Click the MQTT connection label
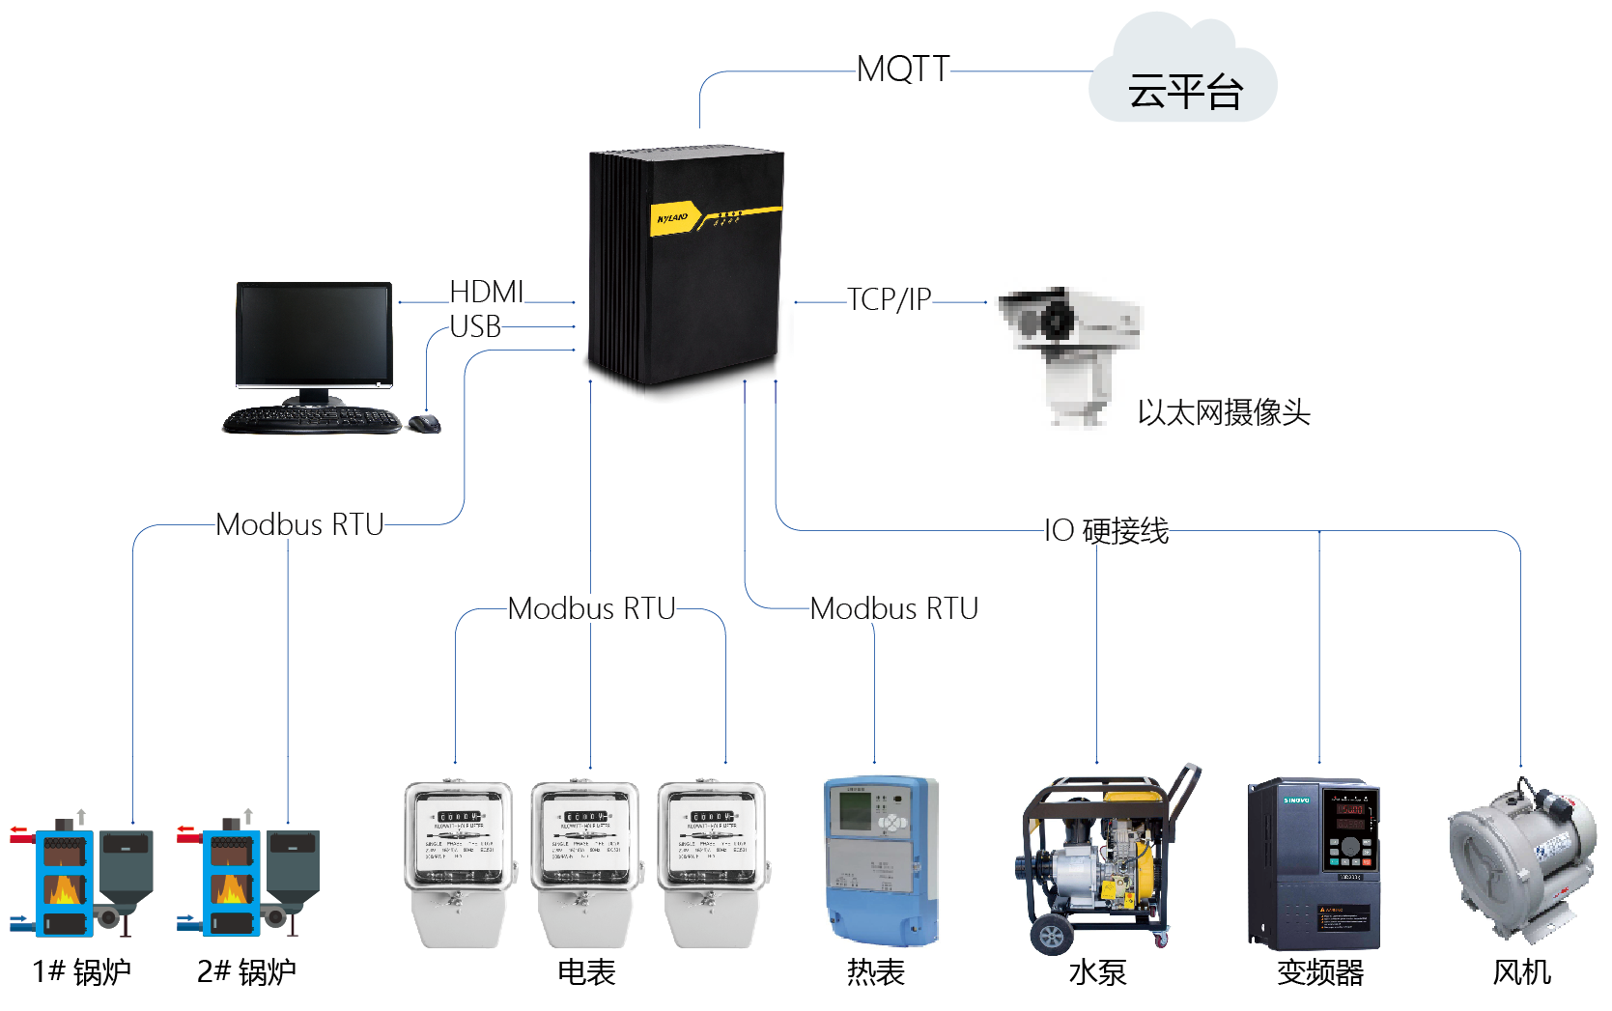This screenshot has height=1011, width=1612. [903, 70]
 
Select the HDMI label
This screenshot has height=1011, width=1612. [487, 292]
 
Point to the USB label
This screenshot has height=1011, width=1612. [475, 327]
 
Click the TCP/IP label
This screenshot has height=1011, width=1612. [889, 299]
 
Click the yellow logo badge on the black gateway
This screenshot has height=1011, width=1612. [672, 218]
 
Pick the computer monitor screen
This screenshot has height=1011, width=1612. [314, 332]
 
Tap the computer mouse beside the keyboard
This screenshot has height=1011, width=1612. [424, 423]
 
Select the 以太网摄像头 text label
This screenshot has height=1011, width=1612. [1223, 412]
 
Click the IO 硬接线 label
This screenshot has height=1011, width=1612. [1107, 530]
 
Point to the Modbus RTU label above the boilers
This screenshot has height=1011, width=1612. [299, 524]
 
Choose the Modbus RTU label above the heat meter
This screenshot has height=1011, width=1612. [893, 608]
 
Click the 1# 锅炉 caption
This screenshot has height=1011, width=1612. [81, 971]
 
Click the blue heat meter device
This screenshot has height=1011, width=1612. [880, 859]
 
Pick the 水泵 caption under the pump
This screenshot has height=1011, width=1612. [1097, 971]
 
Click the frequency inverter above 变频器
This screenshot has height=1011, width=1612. [1314, 863]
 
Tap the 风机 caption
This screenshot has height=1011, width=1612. [1521, 971]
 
